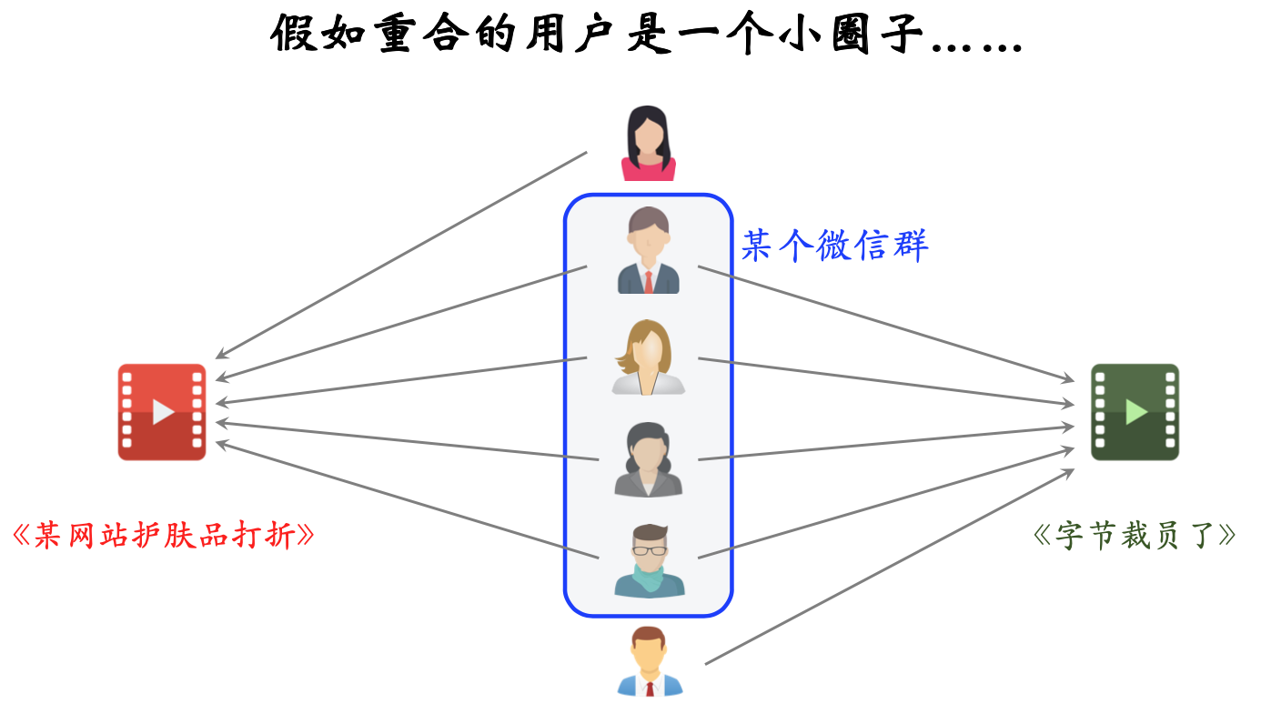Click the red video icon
point(162,412)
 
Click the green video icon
point(1135,412)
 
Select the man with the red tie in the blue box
point(648,251)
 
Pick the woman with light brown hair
point(648,357)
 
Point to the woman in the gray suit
point(648,460)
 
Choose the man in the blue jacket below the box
point(649,662)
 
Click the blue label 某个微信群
point(834,246)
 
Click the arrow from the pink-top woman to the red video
point(400,256)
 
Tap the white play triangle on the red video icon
point(163,412)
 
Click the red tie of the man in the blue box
point(648,281)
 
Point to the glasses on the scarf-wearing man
point(649,549)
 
